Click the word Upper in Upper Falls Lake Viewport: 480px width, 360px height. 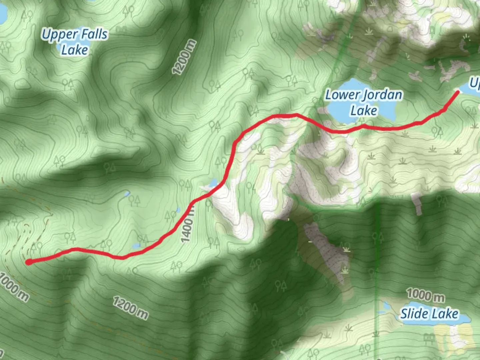point(60,35)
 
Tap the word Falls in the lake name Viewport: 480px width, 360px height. point(95,34)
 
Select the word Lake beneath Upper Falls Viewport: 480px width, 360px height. point(75,50)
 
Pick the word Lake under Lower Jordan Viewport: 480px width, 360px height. point(364,111)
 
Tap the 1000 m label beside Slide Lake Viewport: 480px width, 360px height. point(425,295)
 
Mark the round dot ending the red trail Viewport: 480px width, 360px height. point(29,262)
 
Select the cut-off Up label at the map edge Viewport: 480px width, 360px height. point(474,83)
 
